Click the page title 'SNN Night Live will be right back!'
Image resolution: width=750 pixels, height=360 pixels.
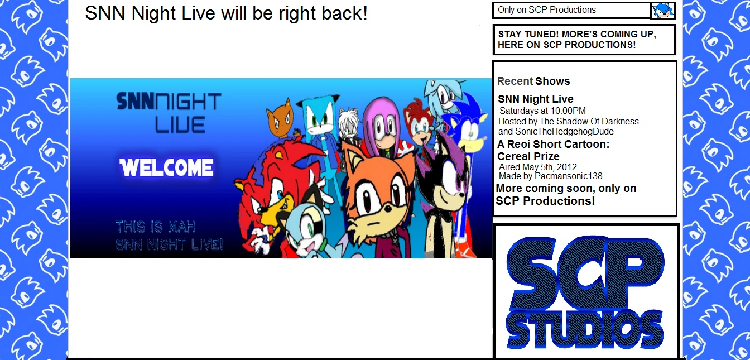pos(227,13)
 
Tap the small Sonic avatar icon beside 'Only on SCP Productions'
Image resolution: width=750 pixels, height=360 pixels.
pos(662,11)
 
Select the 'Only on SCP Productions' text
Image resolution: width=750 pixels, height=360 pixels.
pos(547,9)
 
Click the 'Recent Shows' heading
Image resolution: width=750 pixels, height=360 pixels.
pos(533,81)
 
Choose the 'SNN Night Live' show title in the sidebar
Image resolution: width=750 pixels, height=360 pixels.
pos(535,99)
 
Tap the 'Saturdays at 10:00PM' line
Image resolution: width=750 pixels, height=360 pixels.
pos(542,111)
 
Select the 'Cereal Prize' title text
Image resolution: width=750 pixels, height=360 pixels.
pos(528,156)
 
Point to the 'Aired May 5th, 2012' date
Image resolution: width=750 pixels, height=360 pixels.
pos(538,167)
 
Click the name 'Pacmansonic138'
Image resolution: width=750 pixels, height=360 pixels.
pos(568,176)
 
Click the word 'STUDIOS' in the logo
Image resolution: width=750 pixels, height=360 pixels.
pos(584,330)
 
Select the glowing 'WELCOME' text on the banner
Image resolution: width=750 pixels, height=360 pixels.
pos(166,167)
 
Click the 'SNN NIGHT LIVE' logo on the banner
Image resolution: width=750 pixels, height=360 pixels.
pos(169,113)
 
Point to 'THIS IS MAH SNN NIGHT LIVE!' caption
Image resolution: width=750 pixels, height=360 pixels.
pos(169,236)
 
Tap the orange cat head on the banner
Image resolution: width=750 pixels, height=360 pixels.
pos(280,118)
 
